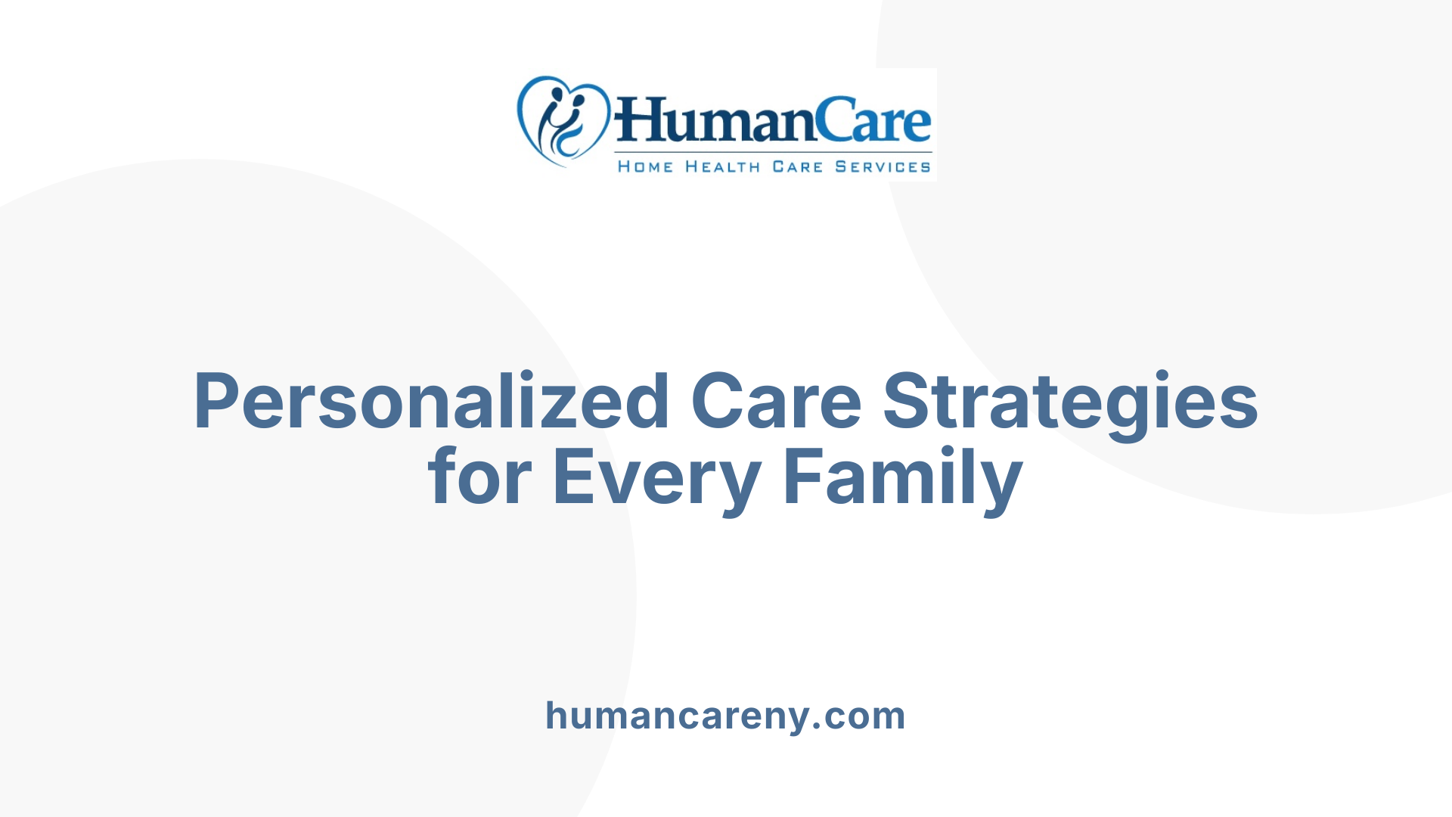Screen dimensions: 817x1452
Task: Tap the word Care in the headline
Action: pyautogui.click(x=775, y=402)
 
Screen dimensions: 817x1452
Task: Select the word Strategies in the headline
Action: pyautogui.click(x=1070, y=402)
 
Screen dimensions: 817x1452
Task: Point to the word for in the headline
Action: pyautogui.click(x=479, y=477)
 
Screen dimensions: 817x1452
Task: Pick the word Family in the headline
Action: pyautogui.click(x=903, y=477)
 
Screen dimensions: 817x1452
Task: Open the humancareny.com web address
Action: pyautogui.click(x=725, y=716)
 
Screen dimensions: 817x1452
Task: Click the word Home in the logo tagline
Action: pyautogui.click(x=645, y=166)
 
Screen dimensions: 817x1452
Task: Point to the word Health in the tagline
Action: pyautogui.click(x=722, y=166)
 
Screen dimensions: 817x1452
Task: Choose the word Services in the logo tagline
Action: pyautogui.click(x=883, y=166)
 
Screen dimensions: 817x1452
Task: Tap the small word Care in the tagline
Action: pyautogui.click(x=797, y=166)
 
